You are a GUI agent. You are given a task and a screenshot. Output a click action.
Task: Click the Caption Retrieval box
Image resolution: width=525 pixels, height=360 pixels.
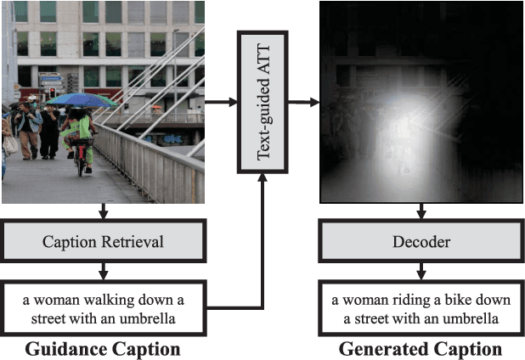pos(103,242)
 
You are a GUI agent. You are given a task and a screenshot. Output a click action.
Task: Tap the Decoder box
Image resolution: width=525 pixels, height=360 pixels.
pos(421,242)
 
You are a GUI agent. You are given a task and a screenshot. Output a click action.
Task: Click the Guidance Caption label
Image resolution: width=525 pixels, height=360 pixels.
pos(103,348)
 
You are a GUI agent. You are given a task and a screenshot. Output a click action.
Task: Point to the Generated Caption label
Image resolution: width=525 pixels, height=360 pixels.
pos(421,348)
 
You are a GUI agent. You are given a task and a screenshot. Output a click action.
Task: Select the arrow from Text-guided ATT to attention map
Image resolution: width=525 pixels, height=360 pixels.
pos(305,103)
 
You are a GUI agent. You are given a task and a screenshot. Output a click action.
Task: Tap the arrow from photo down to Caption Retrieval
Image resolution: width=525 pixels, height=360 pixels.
pos(103,211)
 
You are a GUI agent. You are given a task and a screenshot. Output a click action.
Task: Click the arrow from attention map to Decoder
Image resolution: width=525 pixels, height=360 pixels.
pos(421,211)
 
